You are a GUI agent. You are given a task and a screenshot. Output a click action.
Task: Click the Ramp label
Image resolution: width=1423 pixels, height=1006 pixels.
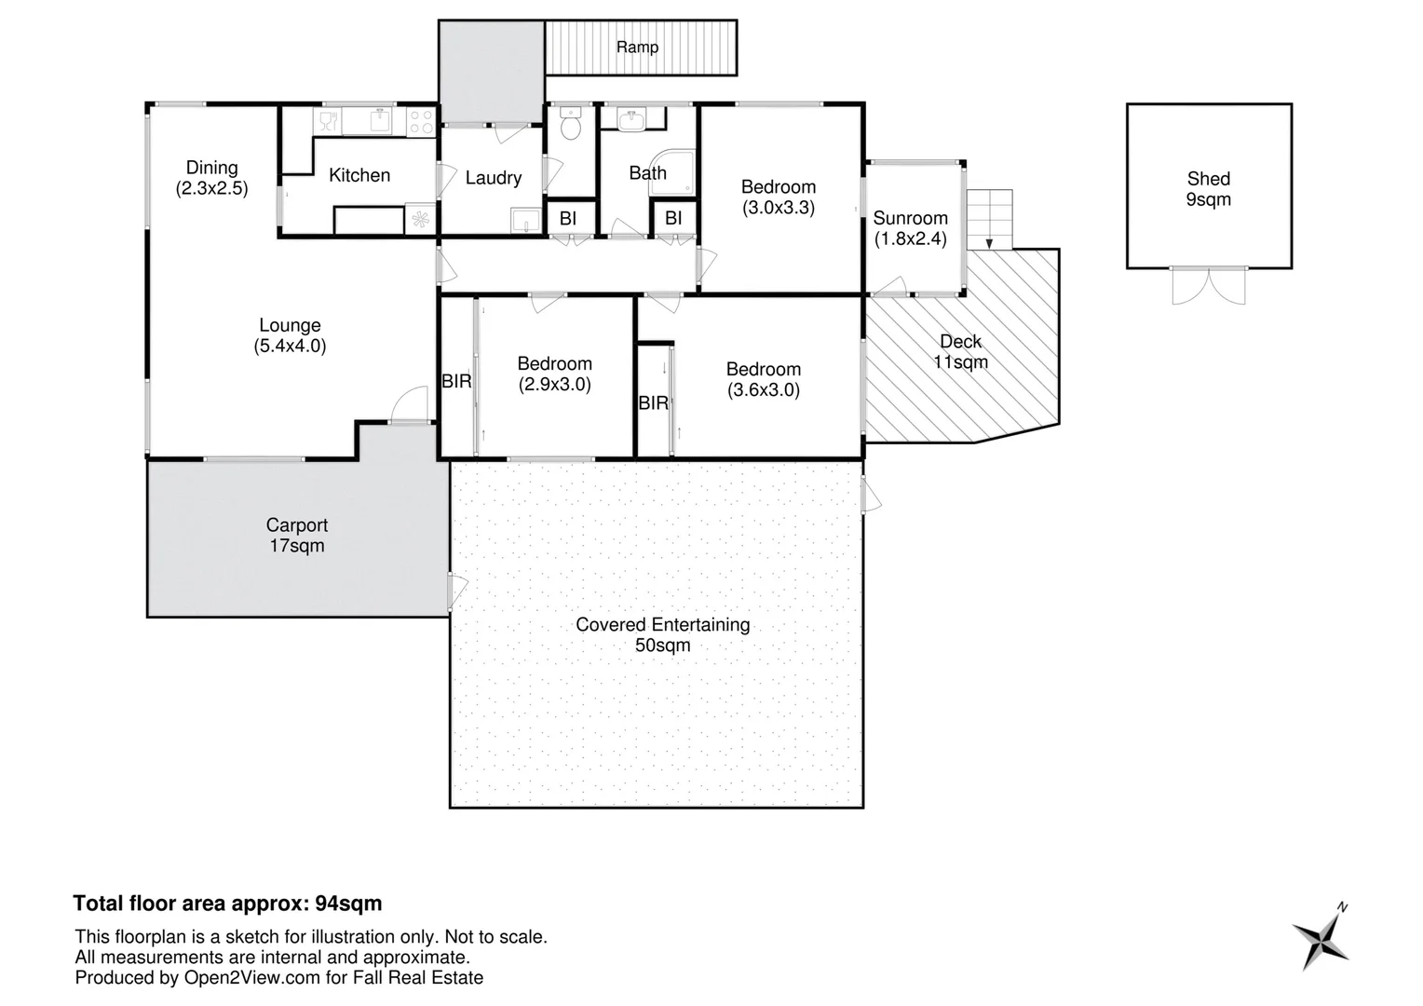(x=637, y=48)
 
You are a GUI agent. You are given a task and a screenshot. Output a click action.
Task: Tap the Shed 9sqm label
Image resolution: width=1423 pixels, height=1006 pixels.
(x=1208, y=189)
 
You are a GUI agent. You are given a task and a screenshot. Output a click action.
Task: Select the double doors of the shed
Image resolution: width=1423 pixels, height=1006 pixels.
(x=1208, y=286)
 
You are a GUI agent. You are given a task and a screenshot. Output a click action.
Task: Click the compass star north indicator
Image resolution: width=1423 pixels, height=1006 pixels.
(x=1321, y=939)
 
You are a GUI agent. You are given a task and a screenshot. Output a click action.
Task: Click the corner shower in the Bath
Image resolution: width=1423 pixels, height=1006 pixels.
(x=672, y=173)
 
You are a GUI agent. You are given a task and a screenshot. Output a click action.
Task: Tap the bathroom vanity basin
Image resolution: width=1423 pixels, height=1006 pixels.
(x=632, y=118)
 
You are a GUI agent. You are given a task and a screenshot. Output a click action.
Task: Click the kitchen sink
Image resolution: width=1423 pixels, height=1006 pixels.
(x=380, y=121)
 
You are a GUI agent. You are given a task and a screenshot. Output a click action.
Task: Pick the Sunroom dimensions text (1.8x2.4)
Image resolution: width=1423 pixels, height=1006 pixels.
(x=910, y=238)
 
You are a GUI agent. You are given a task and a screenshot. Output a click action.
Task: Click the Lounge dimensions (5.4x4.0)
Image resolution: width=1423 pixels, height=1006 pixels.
(x=290, y=347)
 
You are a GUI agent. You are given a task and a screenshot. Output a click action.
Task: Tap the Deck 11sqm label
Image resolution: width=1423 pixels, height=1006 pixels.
(x=960, y=352)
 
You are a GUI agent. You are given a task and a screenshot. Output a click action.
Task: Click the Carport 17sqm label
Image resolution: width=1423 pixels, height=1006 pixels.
(x=297, y=536)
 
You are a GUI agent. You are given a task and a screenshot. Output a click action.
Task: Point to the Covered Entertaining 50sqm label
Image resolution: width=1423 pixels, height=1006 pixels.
(x=662, y=634)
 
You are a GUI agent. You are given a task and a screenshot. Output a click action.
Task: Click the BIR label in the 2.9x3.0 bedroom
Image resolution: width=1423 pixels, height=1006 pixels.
(x=455, y=382)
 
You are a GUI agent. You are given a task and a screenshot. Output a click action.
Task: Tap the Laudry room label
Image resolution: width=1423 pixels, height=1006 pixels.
(x=493, y=178)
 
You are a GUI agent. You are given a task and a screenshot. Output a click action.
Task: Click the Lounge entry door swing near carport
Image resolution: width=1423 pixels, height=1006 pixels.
(x=408, y=406)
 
